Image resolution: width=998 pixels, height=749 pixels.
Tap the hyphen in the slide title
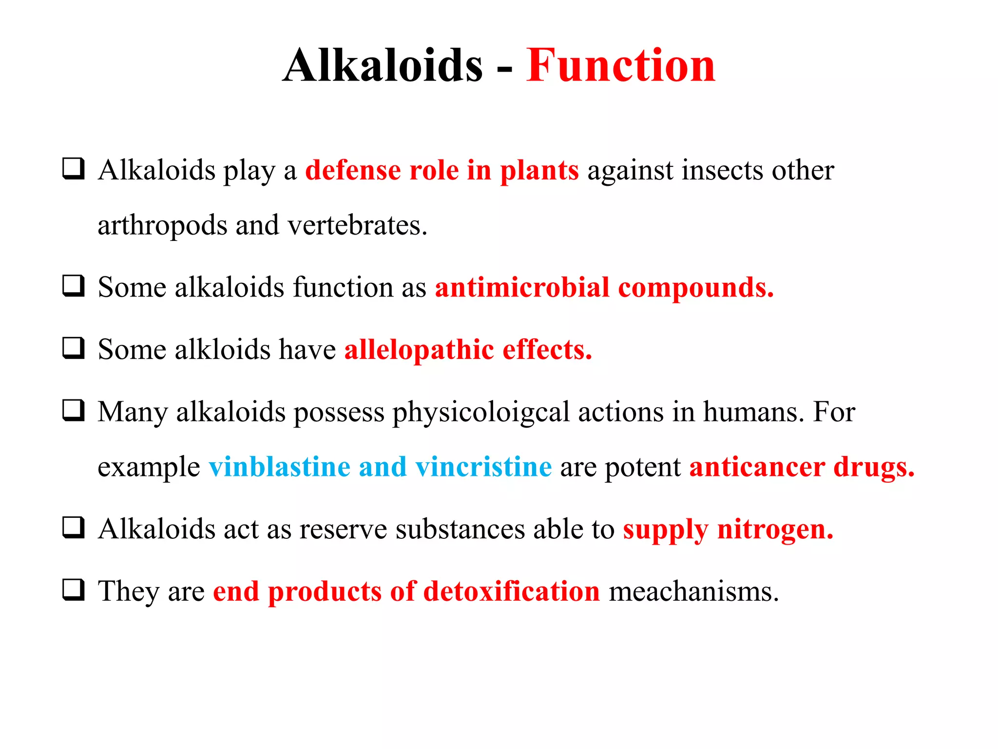point(505,68)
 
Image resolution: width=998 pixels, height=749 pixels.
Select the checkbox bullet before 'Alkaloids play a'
point(74,169)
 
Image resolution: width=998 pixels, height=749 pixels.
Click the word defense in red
point(353,170)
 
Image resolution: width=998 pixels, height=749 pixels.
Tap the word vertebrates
point(357,225)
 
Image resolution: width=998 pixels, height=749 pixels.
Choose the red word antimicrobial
point(522,287)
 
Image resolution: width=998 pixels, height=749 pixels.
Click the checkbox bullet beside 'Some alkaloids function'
point(74,286)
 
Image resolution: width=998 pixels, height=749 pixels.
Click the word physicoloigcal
point(481,413)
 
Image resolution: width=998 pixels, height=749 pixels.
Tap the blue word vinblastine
point(279,467)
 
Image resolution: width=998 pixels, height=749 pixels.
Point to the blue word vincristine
point(483,467)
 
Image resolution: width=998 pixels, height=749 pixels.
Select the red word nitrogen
point(775,529)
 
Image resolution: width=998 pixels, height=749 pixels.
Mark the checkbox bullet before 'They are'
point(74,590)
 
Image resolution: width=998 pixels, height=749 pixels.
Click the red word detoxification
point(512,591)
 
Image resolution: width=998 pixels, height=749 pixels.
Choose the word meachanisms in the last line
point(693,591)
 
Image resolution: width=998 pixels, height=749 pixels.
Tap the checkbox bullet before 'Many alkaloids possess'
point(74,411)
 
